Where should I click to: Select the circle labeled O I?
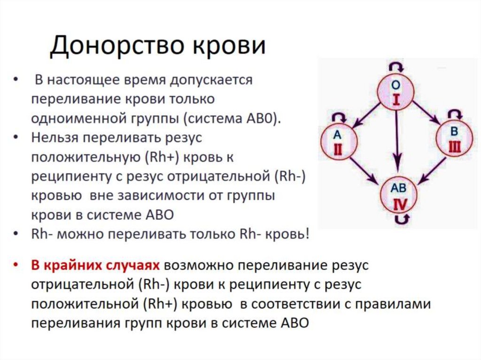coord(396,92)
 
